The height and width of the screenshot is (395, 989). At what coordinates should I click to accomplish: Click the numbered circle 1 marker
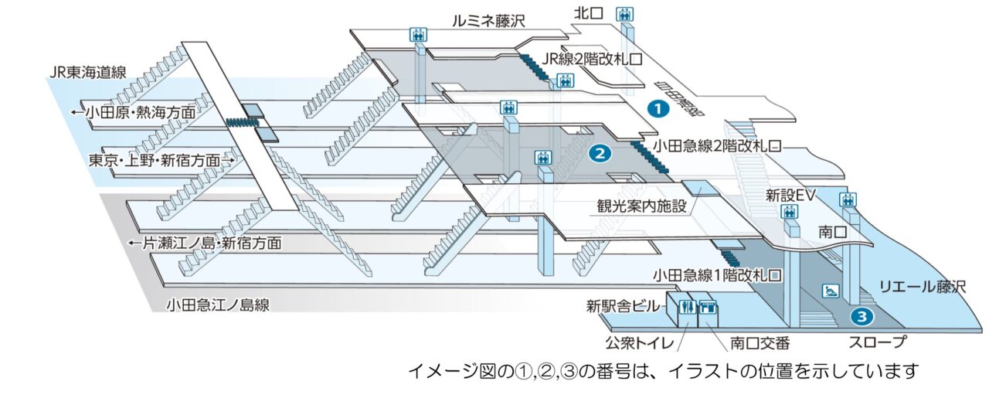(658, 109)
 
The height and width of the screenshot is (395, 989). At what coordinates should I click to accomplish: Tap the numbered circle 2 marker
(600, 153)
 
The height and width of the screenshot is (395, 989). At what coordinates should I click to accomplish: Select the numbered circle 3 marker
(863, 315)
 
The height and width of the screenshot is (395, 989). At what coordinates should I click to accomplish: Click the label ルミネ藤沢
(488, 21)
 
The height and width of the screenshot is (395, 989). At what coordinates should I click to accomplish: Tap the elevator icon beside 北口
(625, 15)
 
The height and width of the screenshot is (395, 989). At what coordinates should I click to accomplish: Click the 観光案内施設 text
(641, 207)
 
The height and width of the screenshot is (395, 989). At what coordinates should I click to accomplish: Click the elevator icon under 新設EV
(790, 212)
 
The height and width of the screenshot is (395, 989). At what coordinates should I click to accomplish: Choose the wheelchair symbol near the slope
(831, 291)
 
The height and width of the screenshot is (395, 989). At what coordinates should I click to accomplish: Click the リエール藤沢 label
(923, 287)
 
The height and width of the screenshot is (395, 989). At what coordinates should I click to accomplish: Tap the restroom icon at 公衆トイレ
(688, 308)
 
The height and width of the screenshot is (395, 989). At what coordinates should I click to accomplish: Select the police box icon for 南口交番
(709, 308)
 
